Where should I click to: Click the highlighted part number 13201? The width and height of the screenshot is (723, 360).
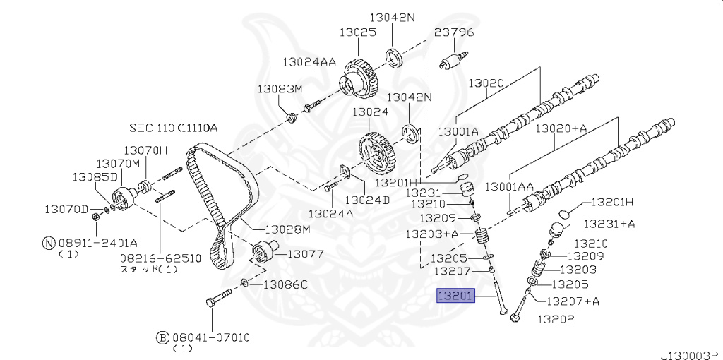[455, 296]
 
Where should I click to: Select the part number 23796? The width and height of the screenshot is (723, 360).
[454, 32]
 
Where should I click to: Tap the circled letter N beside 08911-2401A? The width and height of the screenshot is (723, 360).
[49, 242]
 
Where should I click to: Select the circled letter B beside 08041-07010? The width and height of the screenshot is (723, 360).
[162, 338]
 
